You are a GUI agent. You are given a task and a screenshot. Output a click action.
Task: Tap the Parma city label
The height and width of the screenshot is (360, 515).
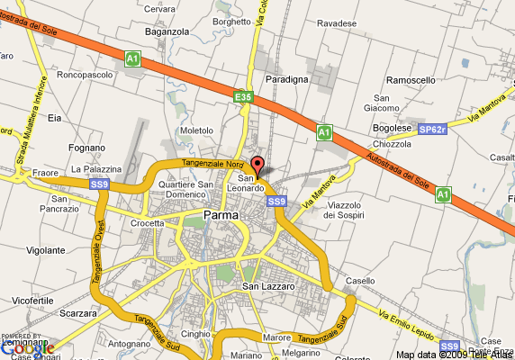[x=221, y=215]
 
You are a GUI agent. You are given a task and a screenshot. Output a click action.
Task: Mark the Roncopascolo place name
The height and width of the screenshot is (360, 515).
[x=83, y=75]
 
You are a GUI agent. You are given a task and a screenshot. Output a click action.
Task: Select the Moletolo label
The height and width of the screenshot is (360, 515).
[x=197, y=130]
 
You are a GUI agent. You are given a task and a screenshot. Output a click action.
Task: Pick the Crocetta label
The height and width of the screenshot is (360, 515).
[x=147, y=223]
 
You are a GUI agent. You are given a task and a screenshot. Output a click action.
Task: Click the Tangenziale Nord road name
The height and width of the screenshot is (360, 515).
[x=213, y=164]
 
